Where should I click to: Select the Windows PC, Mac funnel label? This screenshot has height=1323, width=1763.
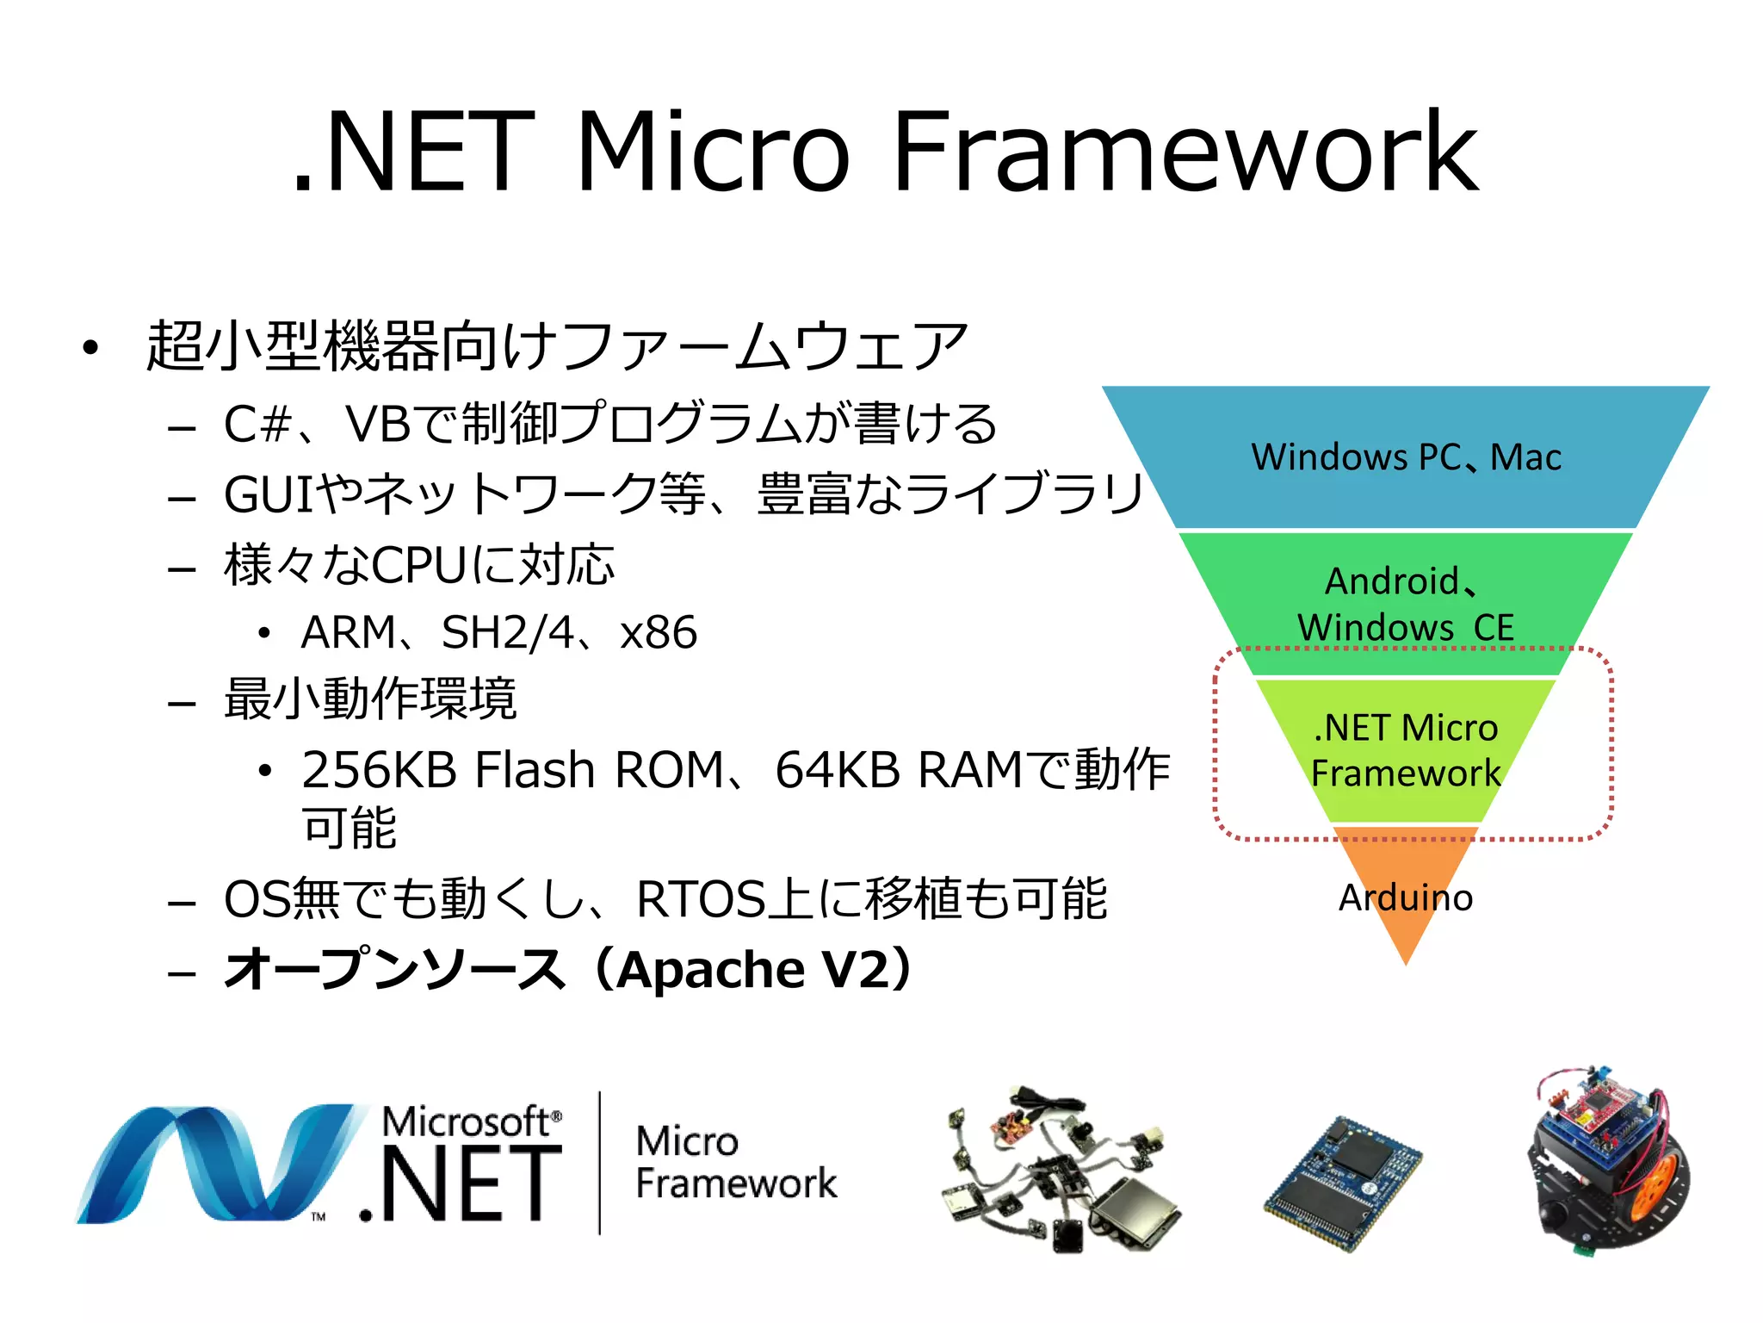click(x=1406, y=457)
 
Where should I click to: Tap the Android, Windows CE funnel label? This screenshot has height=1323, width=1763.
click(x=1406, y=604)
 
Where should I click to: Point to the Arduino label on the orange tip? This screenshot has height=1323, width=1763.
click(x=1406, y=898)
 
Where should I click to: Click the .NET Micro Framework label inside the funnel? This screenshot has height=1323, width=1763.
click(x=1406, y=750)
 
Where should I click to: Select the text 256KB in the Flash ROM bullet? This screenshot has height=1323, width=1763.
click(x=379, y=769)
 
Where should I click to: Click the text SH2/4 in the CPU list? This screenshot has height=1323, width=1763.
click(x=507, y=633)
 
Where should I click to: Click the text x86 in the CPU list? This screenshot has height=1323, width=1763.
click(x=659, y=633)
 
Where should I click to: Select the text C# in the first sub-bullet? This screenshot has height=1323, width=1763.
click(x=257, y=425)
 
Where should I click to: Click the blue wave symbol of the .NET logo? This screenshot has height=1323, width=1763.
click(x=215, y=1163)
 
